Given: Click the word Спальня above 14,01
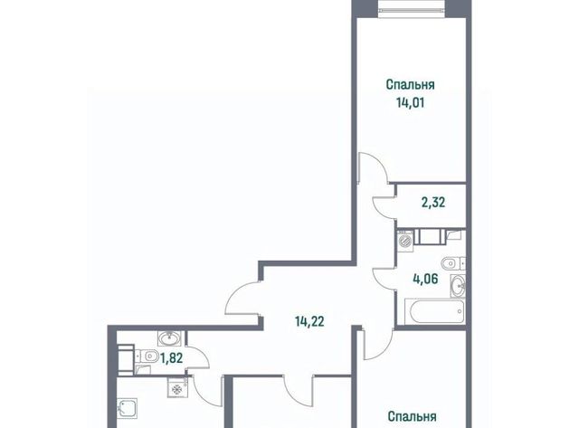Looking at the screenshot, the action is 410,84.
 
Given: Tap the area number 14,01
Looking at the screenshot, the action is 410,102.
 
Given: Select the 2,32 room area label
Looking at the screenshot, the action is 433,203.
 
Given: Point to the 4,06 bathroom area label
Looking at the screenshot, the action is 425,279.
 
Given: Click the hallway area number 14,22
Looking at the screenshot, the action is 309,321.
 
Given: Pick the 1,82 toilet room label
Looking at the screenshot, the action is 171,357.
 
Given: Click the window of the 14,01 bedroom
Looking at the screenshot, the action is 413,9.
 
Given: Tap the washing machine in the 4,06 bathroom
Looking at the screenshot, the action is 405,241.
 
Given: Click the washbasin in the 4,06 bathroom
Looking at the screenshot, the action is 458,285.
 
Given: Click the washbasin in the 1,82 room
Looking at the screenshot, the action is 169,338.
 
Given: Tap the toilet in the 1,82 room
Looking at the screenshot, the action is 147,357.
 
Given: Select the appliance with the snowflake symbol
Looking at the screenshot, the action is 177,387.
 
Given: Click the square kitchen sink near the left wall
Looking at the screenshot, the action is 128,408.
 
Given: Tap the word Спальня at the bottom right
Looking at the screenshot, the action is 413,416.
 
